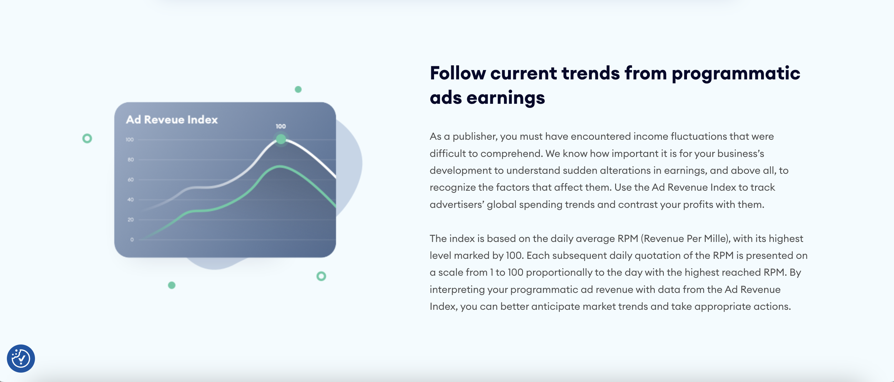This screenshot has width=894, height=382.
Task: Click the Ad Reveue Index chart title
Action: [172, 119]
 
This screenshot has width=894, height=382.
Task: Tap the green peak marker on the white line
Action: [281, 139]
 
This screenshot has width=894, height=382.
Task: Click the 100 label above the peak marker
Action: [281, 126]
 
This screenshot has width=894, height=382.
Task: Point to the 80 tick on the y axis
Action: [131, 160]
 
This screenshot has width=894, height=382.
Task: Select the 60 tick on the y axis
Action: [131, 179]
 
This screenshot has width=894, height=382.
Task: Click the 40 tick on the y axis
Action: [131, 200]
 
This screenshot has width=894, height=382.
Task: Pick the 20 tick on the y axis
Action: [131, 219]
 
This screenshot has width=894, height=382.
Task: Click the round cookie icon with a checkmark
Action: [21, 358]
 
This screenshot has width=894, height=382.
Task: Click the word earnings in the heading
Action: [506, 98]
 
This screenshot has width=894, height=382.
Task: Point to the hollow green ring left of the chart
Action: [87, 138]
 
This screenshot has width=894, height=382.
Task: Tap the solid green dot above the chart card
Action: [298, 89]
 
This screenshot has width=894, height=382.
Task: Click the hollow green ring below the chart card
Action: [321, 276]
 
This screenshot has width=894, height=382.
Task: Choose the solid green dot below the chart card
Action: [171, 285]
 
